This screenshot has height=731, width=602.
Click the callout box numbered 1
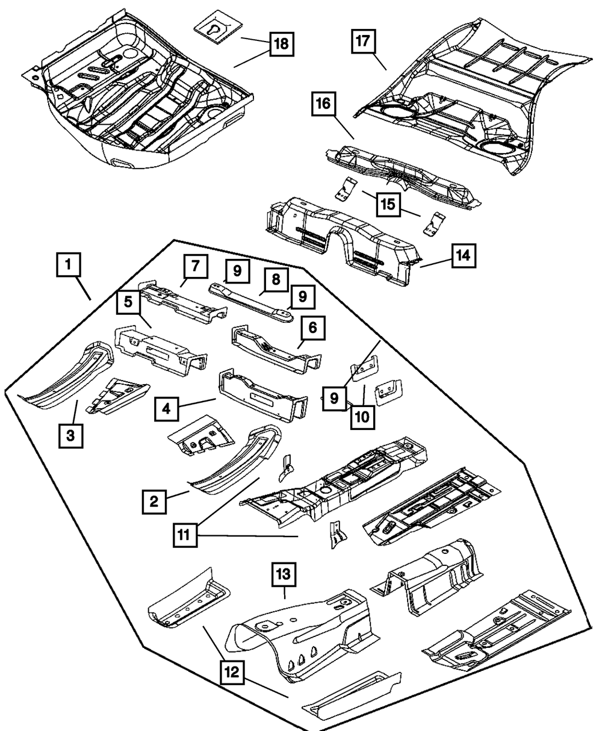69,265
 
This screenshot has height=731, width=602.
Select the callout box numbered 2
155,502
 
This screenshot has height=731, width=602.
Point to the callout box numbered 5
129,303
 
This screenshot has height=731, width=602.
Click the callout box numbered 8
276,279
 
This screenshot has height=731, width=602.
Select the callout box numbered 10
363,414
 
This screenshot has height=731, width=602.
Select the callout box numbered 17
364,43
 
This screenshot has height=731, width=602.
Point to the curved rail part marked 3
66,376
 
